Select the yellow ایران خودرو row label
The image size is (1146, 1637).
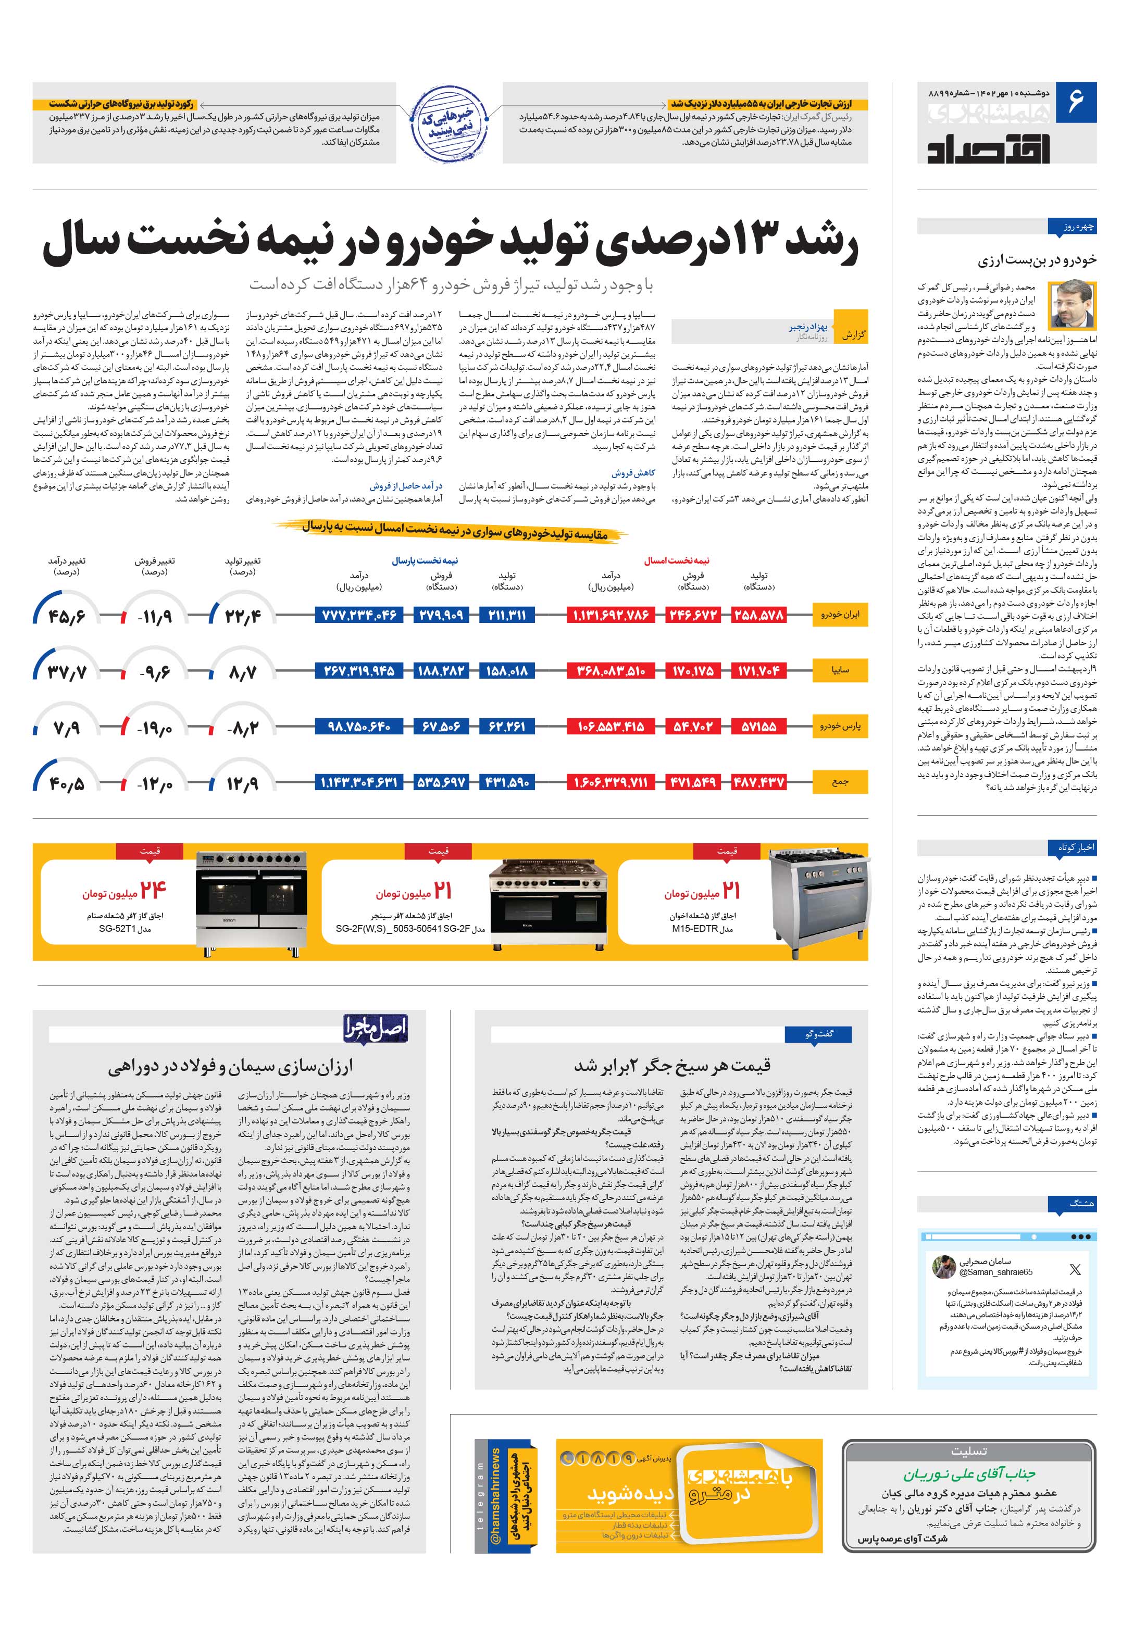click(x=840, y=614)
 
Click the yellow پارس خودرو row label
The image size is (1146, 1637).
click(x=840, y=726)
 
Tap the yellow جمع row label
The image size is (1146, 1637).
click(x=840, y=782)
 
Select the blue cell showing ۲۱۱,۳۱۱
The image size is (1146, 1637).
click(x=507, y=615)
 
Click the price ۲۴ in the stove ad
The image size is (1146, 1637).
click(x=153, y=891)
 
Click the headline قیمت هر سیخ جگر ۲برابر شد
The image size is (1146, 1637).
click(x=672, y=1065)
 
